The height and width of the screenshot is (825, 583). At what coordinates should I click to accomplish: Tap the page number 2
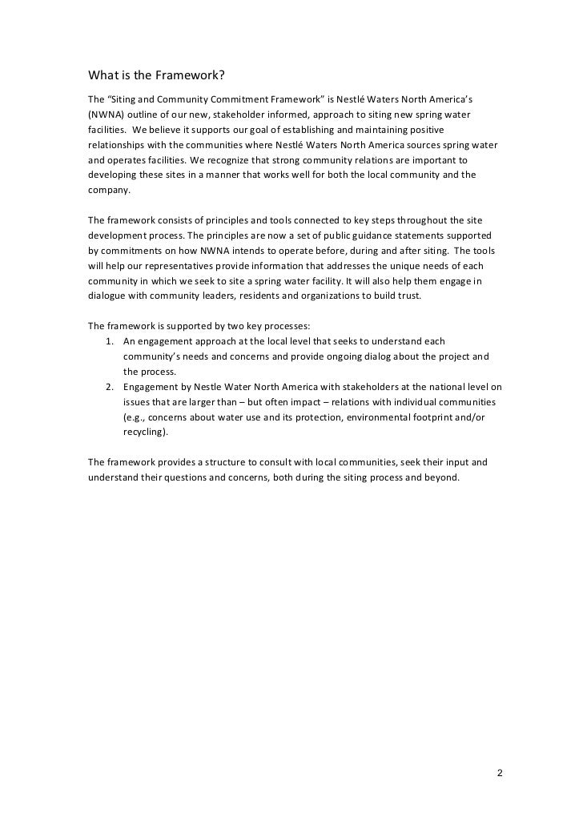(500, 774)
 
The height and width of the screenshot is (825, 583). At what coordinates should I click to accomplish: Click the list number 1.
(110, 340)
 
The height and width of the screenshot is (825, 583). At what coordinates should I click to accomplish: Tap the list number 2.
(110, 386)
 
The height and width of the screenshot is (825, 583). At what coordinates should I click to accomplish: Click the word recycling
(144, 432)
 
